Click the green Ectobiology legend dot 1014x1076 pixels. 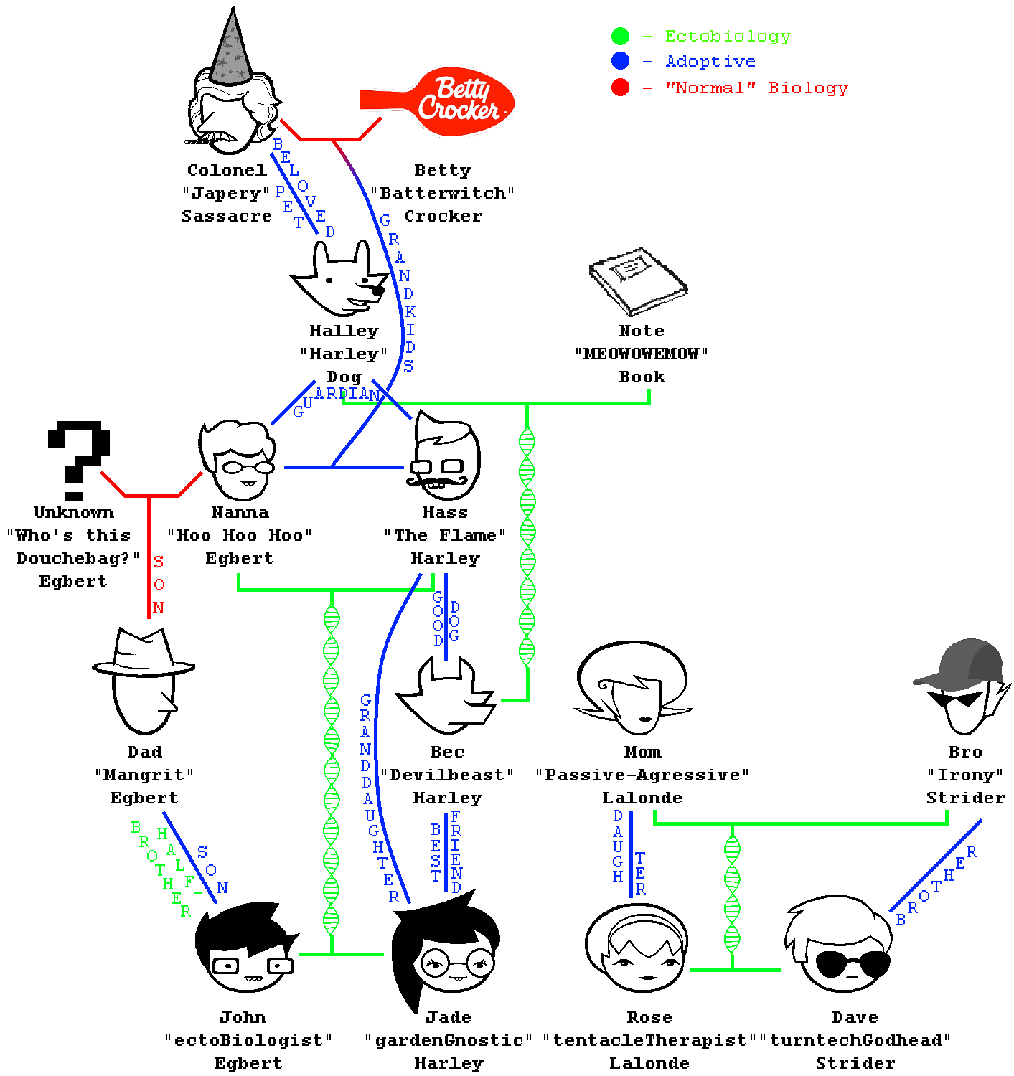pos(621,36)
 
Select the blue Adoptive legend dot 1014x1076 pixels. pos(621,61)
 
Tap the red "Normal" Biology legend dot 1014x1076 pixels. pos(621,88)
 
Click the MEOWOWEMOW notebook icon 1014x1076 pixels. pos(638,281)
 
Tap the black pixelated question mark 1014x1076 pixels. pos(79,459)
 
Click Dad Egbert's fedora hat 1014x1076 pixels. pos(144,654)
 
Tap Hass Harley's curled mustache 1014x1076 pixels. pos(438,481)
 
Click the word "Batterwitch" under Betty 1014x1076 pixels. pos(443,194)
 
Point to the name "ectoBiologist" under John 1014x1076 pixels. pos(248,1041)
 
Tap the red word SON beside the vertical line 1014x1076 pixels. pos(159,585)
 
